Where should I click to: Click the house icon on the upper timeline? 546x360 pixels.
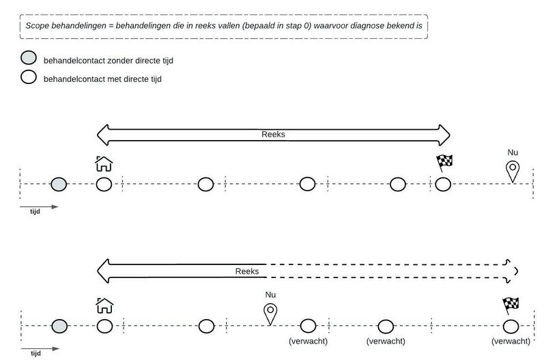(104, 164)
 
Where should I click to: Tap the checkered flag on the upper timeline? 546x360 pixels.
(444, 163)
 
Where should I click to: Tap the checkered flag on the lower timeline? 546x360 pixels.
(511, 304)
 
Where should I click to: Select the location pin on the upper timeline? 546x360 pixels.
(512, 171)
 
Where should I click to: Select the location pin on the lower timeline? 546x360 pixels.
(272, 313)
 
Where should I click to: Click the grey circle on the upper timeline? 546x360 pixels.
(59, 184)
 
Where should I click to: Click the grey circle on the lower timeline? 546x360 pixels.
(59, 326)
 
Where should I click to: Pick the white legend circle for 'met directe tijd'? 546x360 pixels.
(29, 77)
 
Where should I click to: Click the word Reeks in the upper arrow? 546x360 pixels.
(273, 135)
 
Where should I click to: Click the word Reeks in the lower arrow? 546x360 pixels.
(247, 271)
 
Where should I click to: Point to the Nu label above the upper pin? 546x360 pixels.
(513, 152)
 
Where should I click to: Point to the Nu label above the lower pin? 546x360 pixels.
(271, 294)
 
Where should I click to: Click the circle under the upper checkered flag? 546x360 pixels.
(444, 184)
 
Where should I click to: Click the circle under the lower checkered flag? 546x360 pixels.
(511, 326)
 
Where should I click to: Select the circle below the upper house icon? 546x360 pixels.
(104, 184)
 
